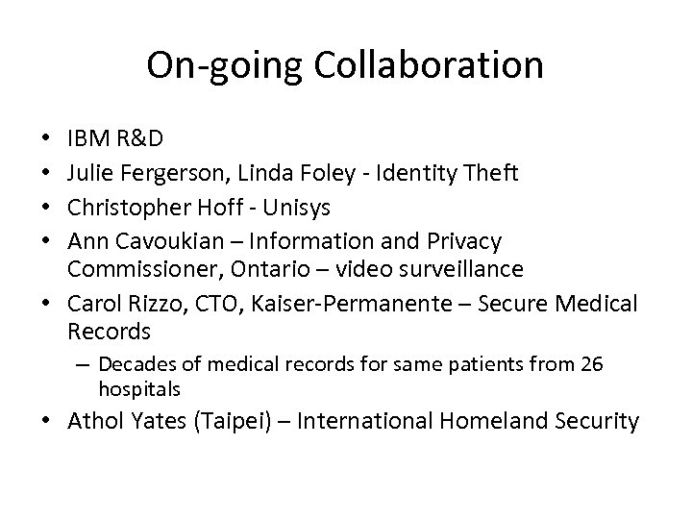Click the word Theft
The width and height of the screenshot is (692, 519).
click(491, 174)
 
